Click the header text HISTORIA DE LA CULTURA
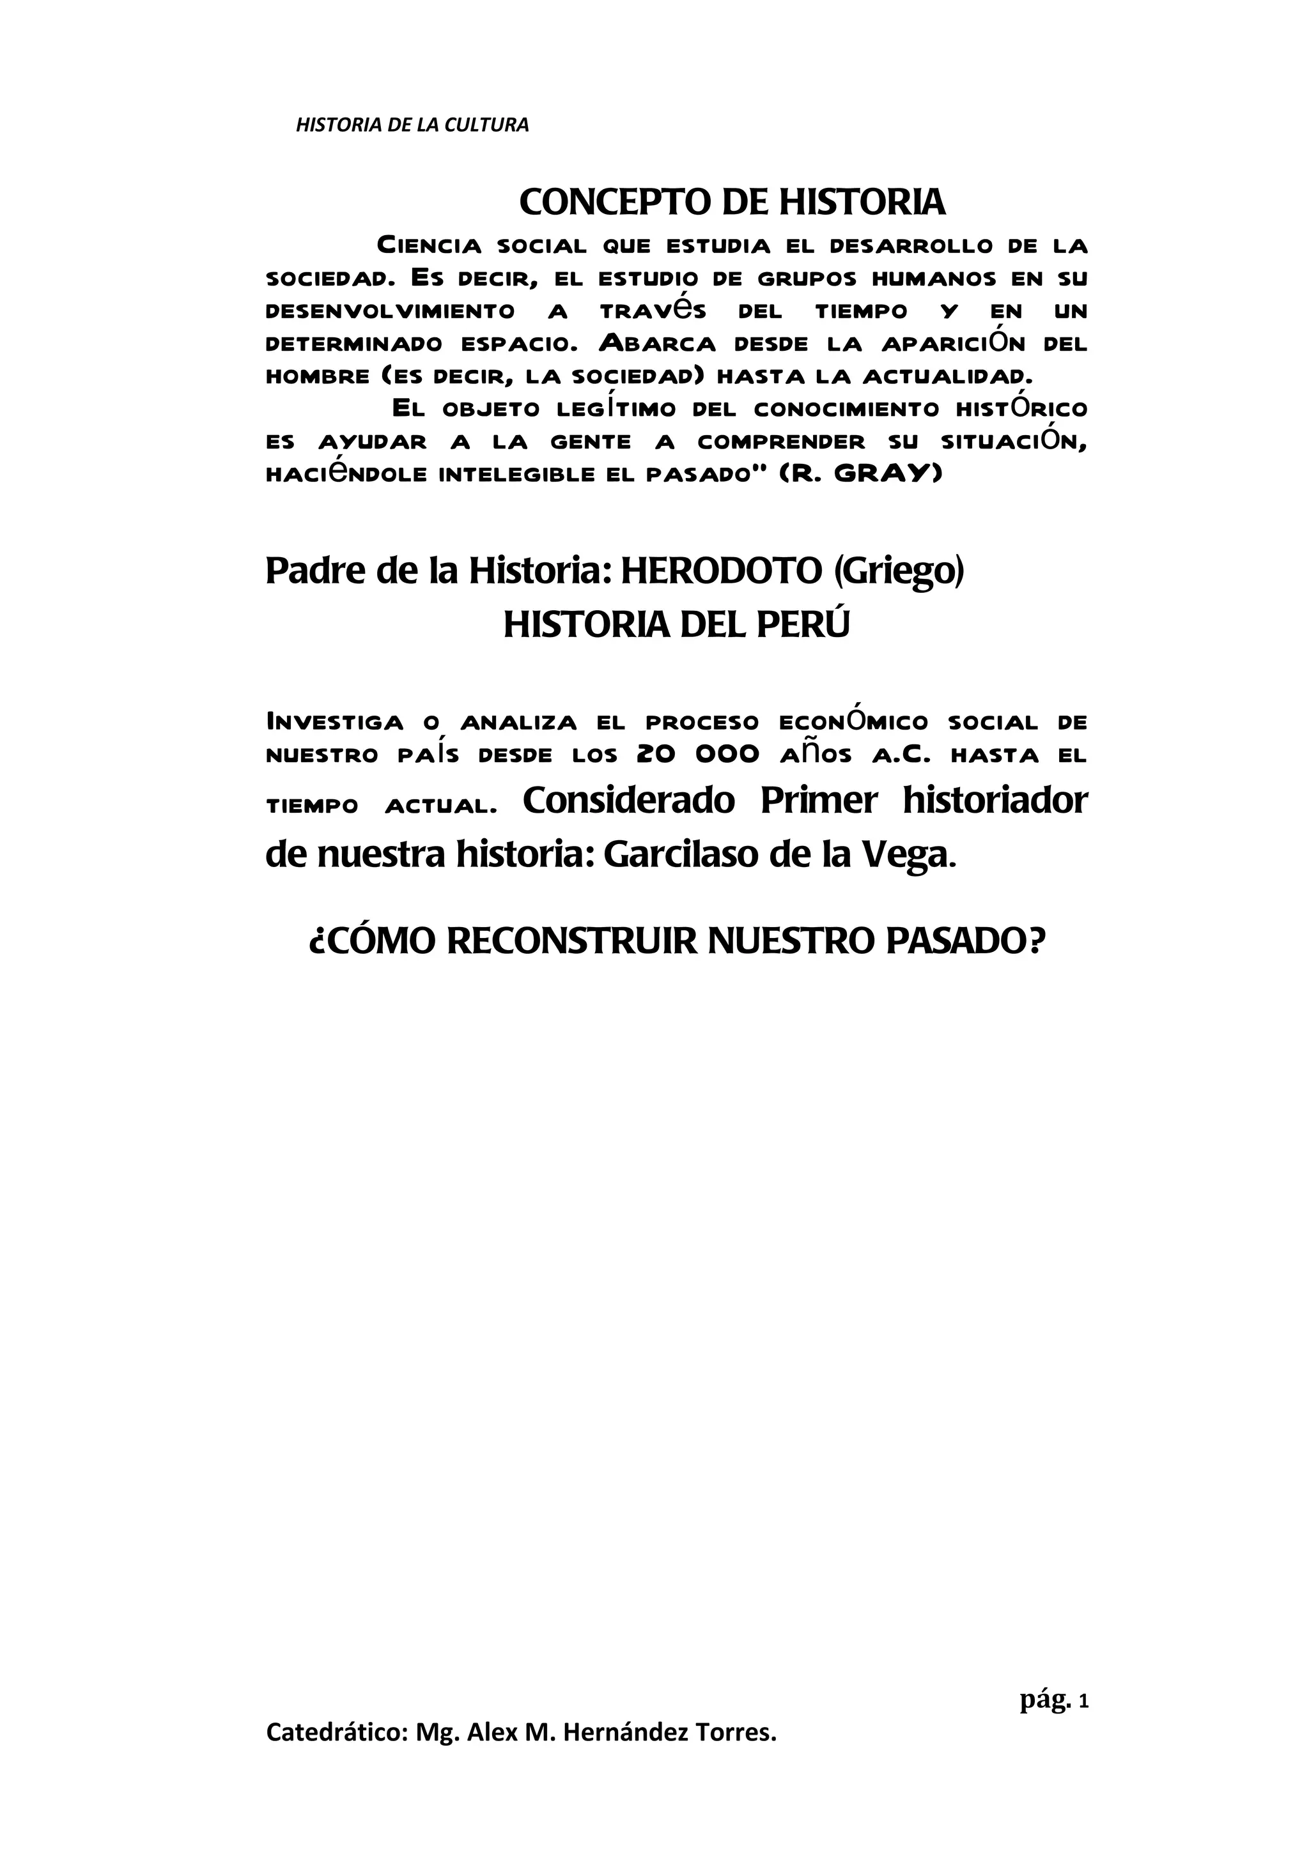pyautogui.click(x=412, y=125)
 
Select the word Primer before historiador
pyautogui.click(x=818, y=801)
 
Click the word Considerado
pyautogui.click(x=629, y=801)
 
